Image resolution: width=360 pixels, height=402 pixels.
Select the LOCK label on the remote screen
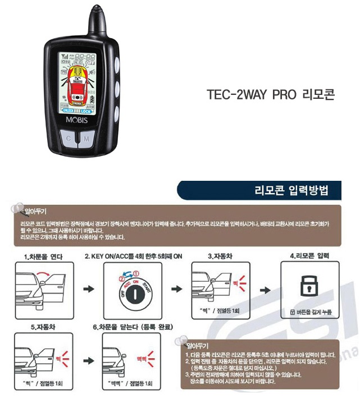[86, 112]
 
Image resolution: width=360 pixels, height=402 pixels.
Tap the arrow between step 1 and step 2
[88, 289]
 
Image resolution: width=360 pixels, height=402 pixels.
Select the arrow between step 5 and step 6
[88, 359]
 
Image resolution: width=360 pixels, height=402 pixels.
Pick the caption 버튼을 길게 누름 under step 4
[307, 311]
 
